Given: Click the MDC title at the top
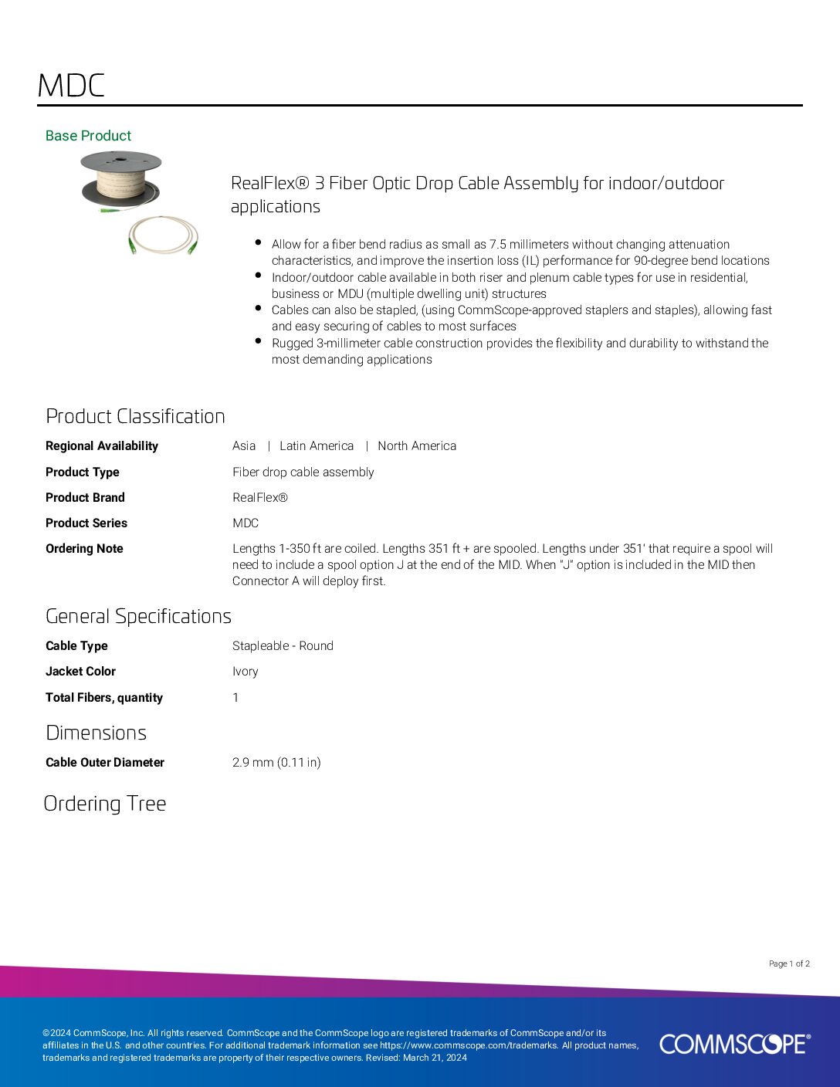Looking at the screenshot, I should (71, 86).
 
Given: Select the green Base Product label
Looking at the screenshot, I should (88, 136).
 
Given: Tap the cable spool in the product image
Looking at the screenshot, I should (121, 180).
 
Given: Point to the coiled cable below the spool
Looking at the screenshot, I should (163, 235).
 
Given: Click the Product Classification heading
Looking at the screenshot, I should (135, 416).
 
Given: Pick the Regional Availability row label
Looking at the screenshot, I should (102, 446).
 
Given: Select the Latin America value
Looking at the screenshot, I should (317, 446).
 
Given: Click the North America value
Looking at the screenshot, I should (417, 446).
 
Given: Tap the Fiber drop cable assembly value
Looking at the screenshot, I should (303, 472).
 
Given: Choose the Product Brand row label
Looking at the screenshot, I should (85, 498).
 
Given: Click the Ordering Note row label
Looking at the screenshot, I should (84, 549).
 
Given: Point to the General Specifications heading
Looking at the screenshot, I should (138, 616).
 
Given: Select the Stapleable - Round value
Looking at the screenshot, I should (283, 646).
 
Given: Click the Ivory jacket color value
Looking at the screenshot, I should (246, 672).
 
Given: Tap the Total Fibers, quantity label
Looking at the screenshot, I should (104, 698).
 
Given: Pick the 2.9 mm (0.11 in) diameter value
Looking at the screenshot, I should (276, 763).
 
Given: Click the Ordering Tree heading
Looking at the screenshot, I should (105, 804).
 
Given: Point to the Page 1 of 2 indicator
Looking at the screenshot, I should (789, 963).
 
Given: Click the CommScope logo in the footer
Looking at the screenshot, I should (734, 1044).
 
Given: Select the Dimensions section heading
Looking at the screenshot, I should (96, 733).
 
